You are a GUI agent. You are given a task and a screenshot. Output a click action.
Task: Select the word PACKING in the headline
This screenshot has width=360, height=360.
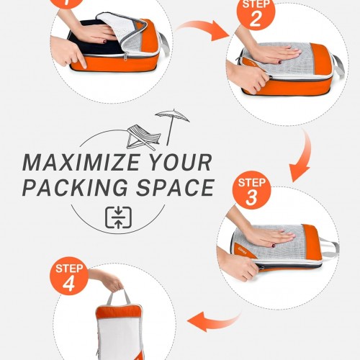point(75,187)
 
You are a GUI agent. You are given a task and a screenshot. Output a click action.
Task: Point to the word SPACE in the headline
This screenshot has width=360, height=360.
point(175,187)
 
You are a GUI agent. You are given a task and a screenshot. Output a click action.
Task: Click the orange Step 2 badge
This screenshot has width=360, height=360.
point(256,13)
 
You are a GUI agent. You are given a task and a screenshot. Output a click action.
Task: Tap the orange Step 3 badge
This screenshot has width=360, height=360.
point(251,190)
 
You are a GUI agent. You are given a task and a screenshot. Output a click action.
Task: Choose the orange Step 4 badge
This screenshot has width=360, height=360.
point(69,276)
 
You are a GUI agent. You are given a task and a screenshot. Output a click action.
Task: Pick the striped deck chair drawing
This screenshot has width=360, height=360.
point(143,138)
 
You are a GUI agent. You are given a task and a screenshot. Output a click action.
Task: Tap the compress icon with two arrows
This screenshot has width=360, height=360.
point(118,217)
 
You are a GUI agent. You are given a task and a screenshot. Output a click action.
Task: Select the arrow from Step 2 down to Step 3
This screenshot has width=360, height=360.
point(303,156)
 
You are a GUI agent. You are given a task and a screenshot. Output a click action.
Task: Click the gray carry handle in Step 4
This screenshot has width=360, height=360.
point(118,297)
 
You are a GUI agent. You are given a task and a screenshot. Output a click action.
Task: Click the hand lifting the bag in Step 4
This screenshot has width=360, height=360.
point(106,279)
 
